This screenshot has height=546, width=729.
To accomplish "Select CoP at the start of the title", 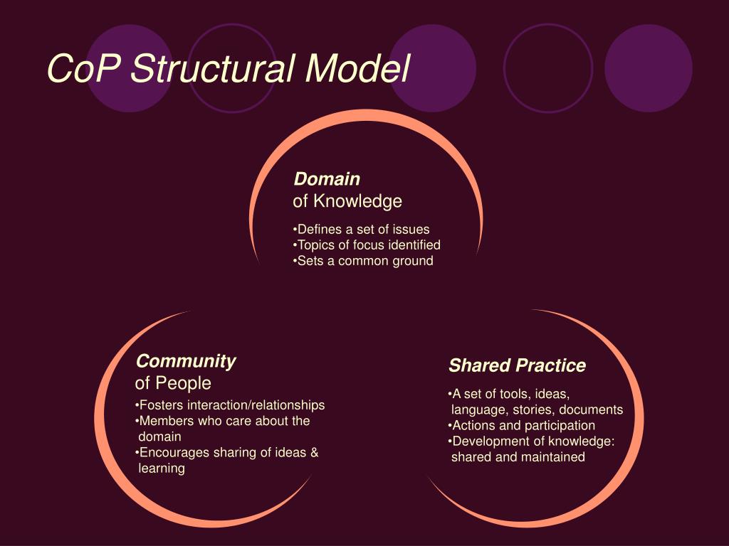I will (x=84, y=69).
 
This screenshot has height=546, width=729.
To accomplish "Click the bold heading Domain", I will (x=327, y=178).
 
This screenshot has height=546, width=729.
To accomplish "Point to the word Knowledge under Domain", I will (x=358, y=202).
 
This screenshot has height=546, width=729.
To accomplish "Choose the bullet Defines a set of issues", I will (x=362, y=229).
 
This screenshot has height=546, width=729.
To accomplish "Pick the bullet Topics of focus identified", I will (x=367, y=245).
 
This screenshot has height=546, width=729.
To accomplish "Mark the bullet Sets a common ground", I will (x=364, y=260).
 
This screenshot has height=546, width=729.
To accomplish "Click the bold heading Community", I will (x=186, y=361).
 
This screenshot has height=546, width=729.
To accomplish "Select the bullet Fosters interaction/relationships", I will (x=231, y=405).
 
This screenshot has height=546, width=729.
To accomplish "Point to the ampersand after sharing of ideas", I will (x=314, y=453).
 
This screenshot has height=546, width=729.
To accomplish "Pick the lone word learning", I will (x=162, y=469).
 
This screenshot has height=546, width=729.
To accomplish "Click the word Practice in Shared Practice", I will (x=551, y=366).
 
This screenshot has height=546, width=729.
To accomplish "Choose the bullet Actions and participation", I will (x=523, y=425).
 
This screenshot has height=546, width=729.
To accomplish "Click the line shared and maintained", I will (x=518, y=457).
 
